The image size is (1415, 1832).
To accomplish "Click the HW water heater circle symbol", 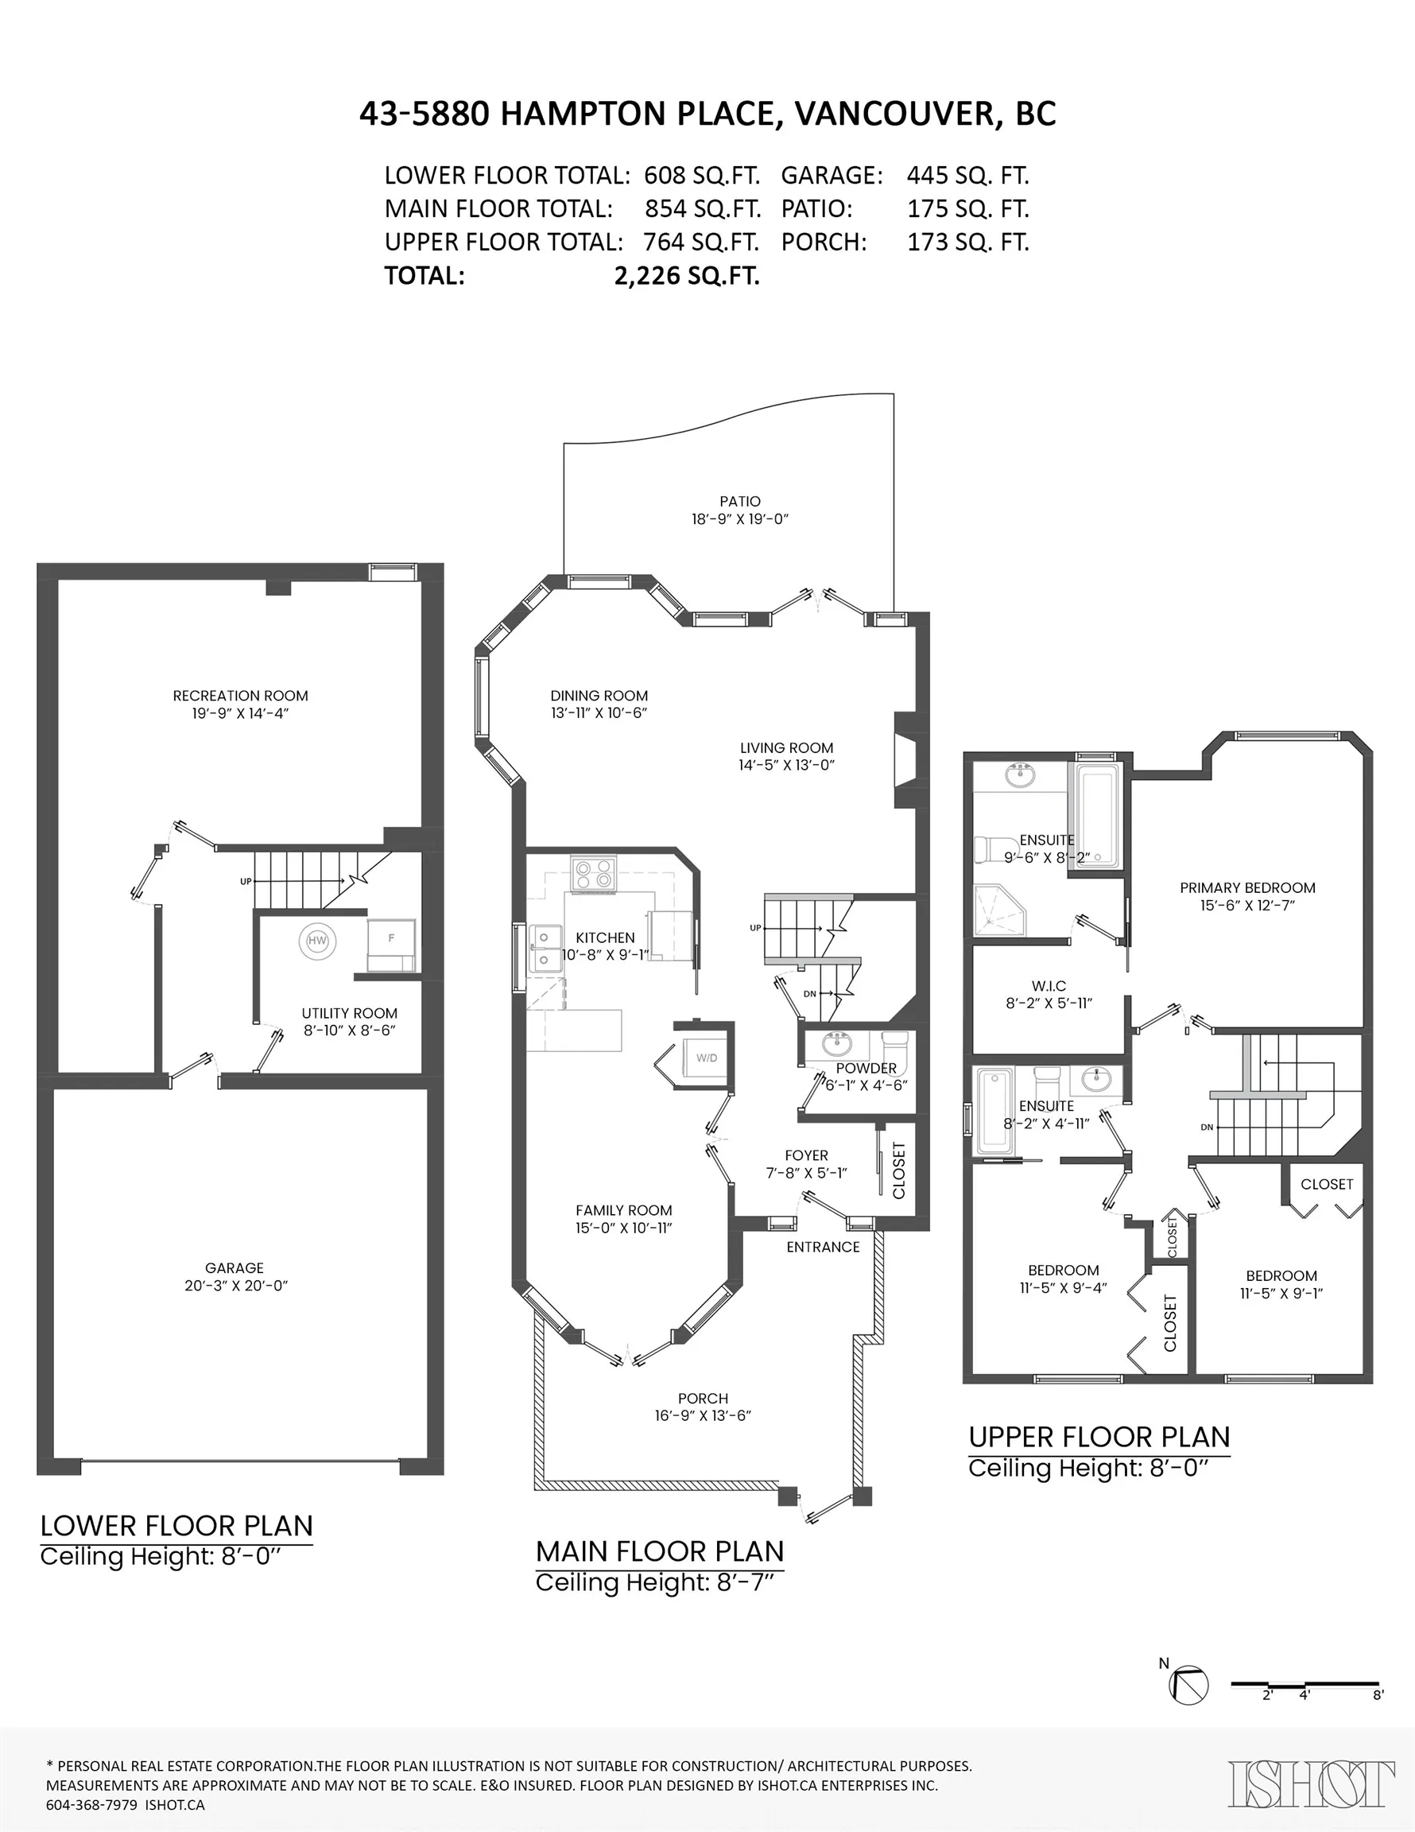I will point(317,941).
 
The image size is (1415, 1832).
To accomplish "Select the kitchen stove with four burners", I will point(593,874).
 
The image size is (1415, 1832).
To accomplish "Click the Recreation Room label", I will point(240,696).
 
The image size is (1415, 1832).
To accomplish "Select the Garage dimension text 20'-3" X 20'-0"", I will point(235,1286).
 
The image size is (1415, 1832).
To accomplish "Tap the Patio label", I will point(739,502).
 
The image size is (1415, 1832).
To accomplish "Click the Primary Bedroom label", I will point(1246,887).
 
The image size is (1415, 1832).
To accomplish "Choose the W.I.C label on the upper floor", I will point(1049,987).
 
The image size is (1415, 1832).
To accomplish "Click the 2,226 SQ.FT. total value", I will point(686,276).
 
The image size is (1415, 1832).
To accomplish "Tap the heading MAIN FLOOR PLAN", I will point(659,1552).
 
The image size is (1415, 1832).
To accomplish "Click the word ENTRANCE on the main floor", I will point(822,1248).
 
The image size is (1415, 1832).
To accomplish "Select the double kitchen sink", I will point(545,947).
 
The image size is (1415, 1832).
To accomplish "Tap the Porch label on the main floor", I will point(702,1399).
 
